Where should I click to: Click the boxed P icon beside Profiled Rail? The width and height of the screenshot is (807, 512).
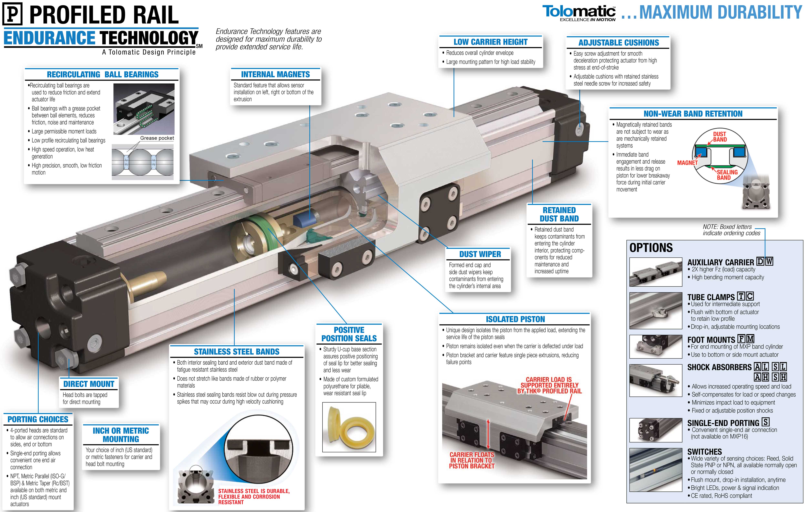[12, 14]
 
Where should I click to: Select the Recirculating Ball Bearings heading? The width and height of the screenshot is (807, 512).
[103, 74]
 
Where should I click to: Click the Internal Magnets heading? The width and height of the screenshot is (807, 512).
[275, 74]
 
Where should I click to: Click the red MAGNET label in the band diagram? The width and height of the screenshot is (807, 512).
[687, 163]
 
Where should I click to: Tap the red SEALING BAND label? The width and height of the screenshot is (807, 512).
[727, 175]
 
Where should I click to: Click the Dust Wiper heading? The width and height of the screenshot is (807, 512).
[480, 254]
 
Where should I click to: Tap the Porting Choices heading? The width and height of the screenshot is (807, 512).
[38, 419]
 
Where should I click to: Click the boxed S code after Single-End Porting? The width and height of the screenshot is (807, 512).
[766, 422]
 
